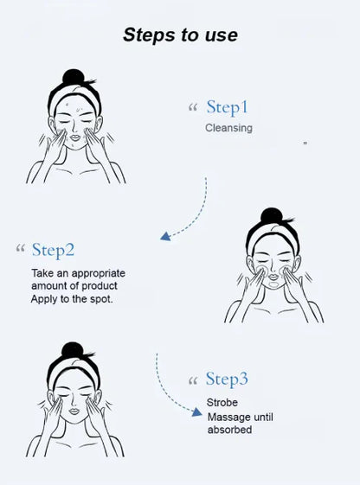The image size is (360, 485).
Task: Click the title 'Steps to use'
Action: click(x=180, y=35)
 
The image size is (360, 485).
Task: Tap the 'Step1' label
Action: click(x=228, y=107)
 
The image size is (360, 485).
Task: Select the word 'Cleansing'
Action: click(x=228, y=128)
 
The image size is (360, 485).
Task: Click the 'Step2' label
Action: click(x=53, y=250)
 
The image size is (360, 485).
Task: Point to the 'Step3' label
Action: click(x=227, y=379)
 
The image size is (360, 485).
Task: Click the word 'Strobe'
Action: click(x=222, y=403)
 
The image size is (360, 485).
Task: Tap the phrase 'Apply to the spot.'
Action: click(x=72, y=298)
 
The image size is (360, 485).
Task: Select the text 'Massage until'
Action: click(x=240, y=417)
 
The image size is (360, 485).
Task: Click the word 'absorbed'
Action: click(x=229, y=430)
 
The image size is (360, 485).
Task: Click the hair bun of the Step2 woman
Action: click(x=273, y=214)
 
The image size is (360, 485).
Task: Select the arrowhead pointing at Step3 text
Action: click(x=196, y=413)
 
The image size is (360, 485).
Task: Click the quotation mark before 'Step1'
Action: click(x=193, y=109)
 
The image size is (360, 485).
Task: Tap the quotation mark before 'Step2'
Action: click(x=19, y=251)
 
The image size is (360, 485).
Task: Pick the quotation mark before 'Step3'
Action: click(x=193, y=380)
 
